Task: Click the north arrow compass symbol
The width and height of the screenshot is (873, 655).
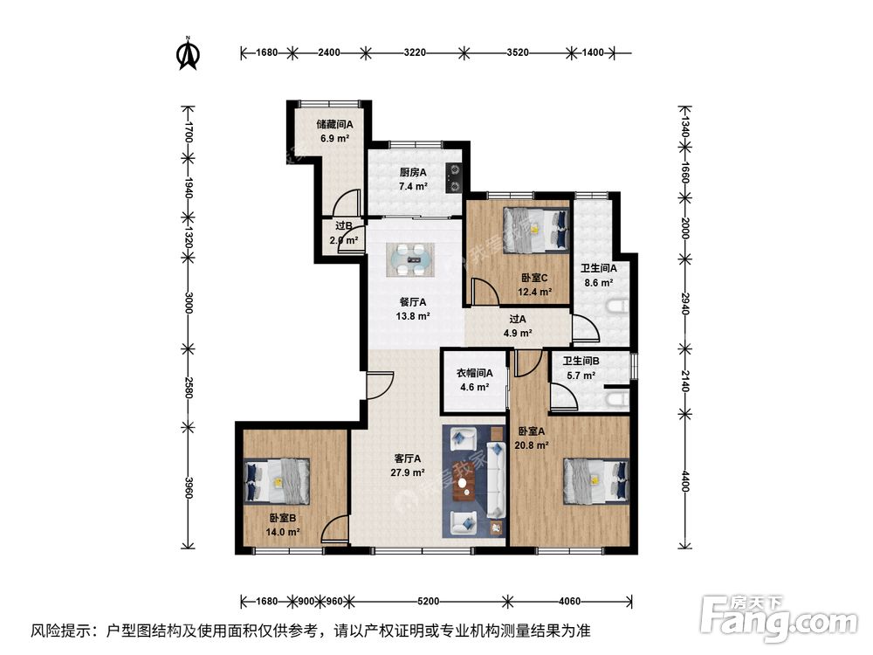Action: coord(187,53)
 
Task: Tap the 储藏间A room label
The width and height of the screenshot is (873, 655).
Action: coord(333,125)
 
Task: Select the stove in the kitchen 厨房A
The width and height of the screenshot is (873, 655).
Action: coord(453,177)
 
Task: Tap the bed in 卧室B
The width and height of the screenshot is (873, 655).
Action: coord(278,481)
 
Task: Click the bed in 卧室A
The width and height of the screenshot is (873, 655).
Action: coord(596,480)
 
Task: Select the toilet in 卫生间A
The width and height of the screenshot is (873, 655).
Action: coord(619,307)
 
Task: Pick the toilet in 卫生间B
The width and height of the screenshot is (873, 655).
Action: coord(617,400)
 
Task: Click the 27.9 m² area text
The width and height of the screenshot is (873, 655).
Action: coord(407,472)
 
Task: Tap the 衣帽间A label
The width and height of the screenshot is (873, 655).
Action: coord(475,374)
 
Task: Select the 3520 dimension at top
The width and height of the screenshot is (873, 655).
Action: coord(518,53)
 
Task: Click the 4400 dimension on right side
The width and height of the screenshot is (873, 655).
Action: coord(684,480)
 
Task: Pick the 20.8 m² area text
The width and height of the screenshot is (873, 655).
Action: coord(532,445)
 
